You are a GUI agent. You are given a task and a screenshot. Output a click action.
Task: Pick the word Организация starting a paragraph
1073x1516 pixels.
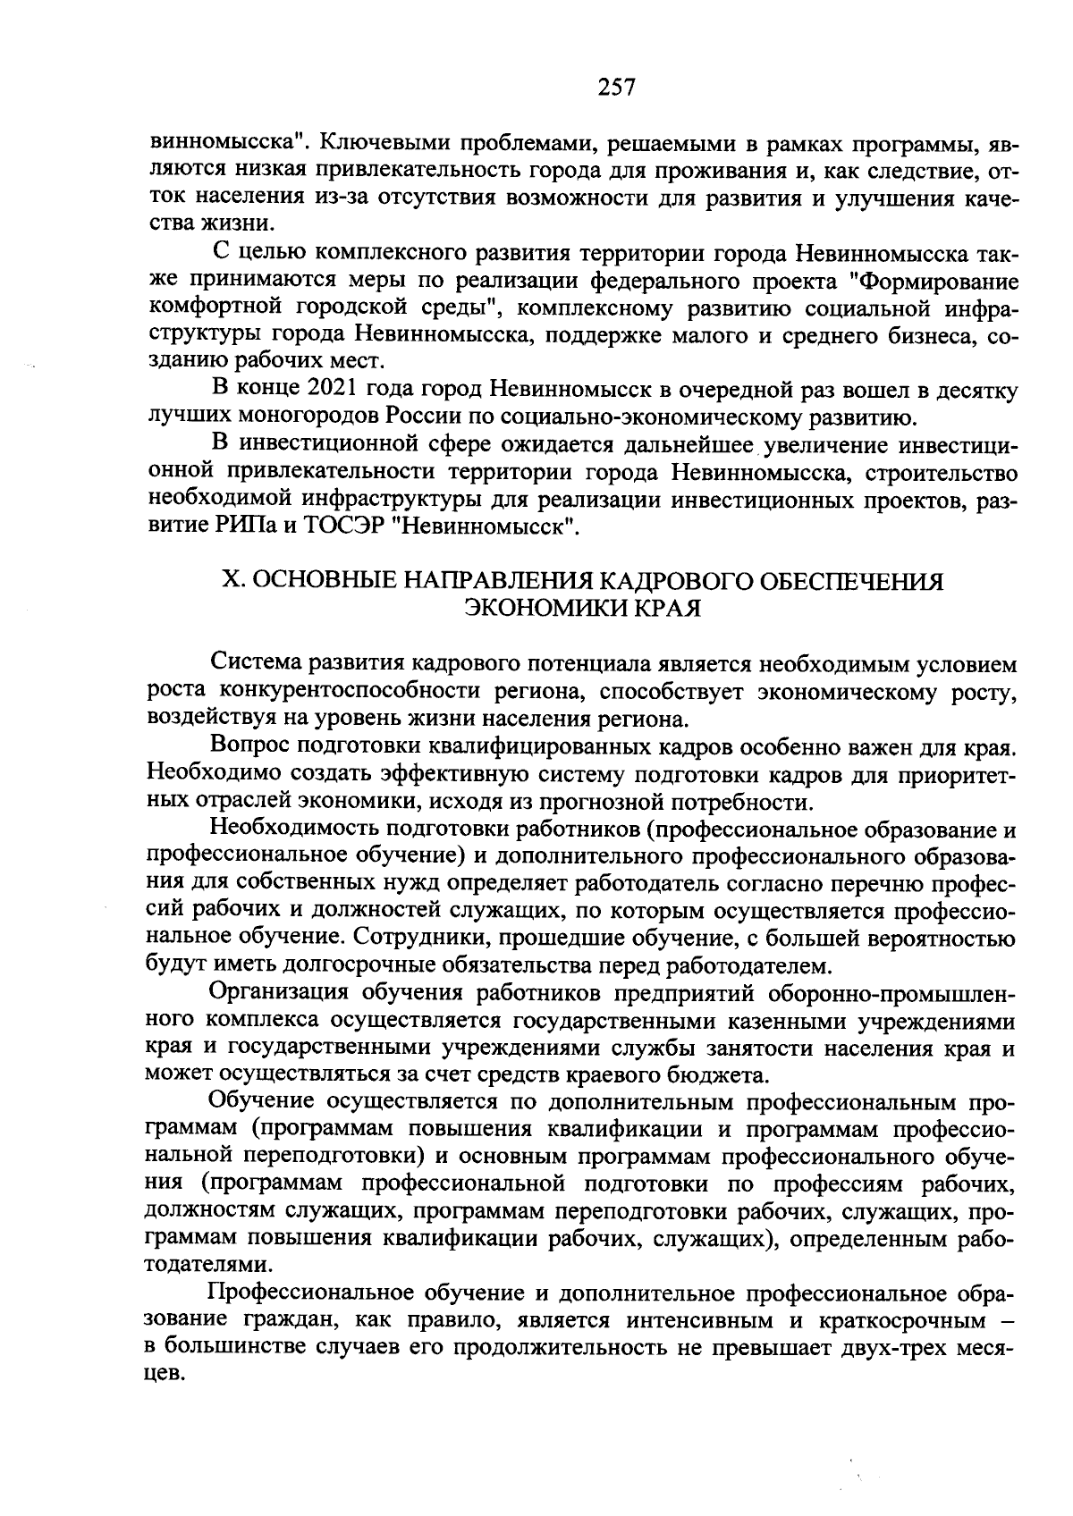278,993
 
